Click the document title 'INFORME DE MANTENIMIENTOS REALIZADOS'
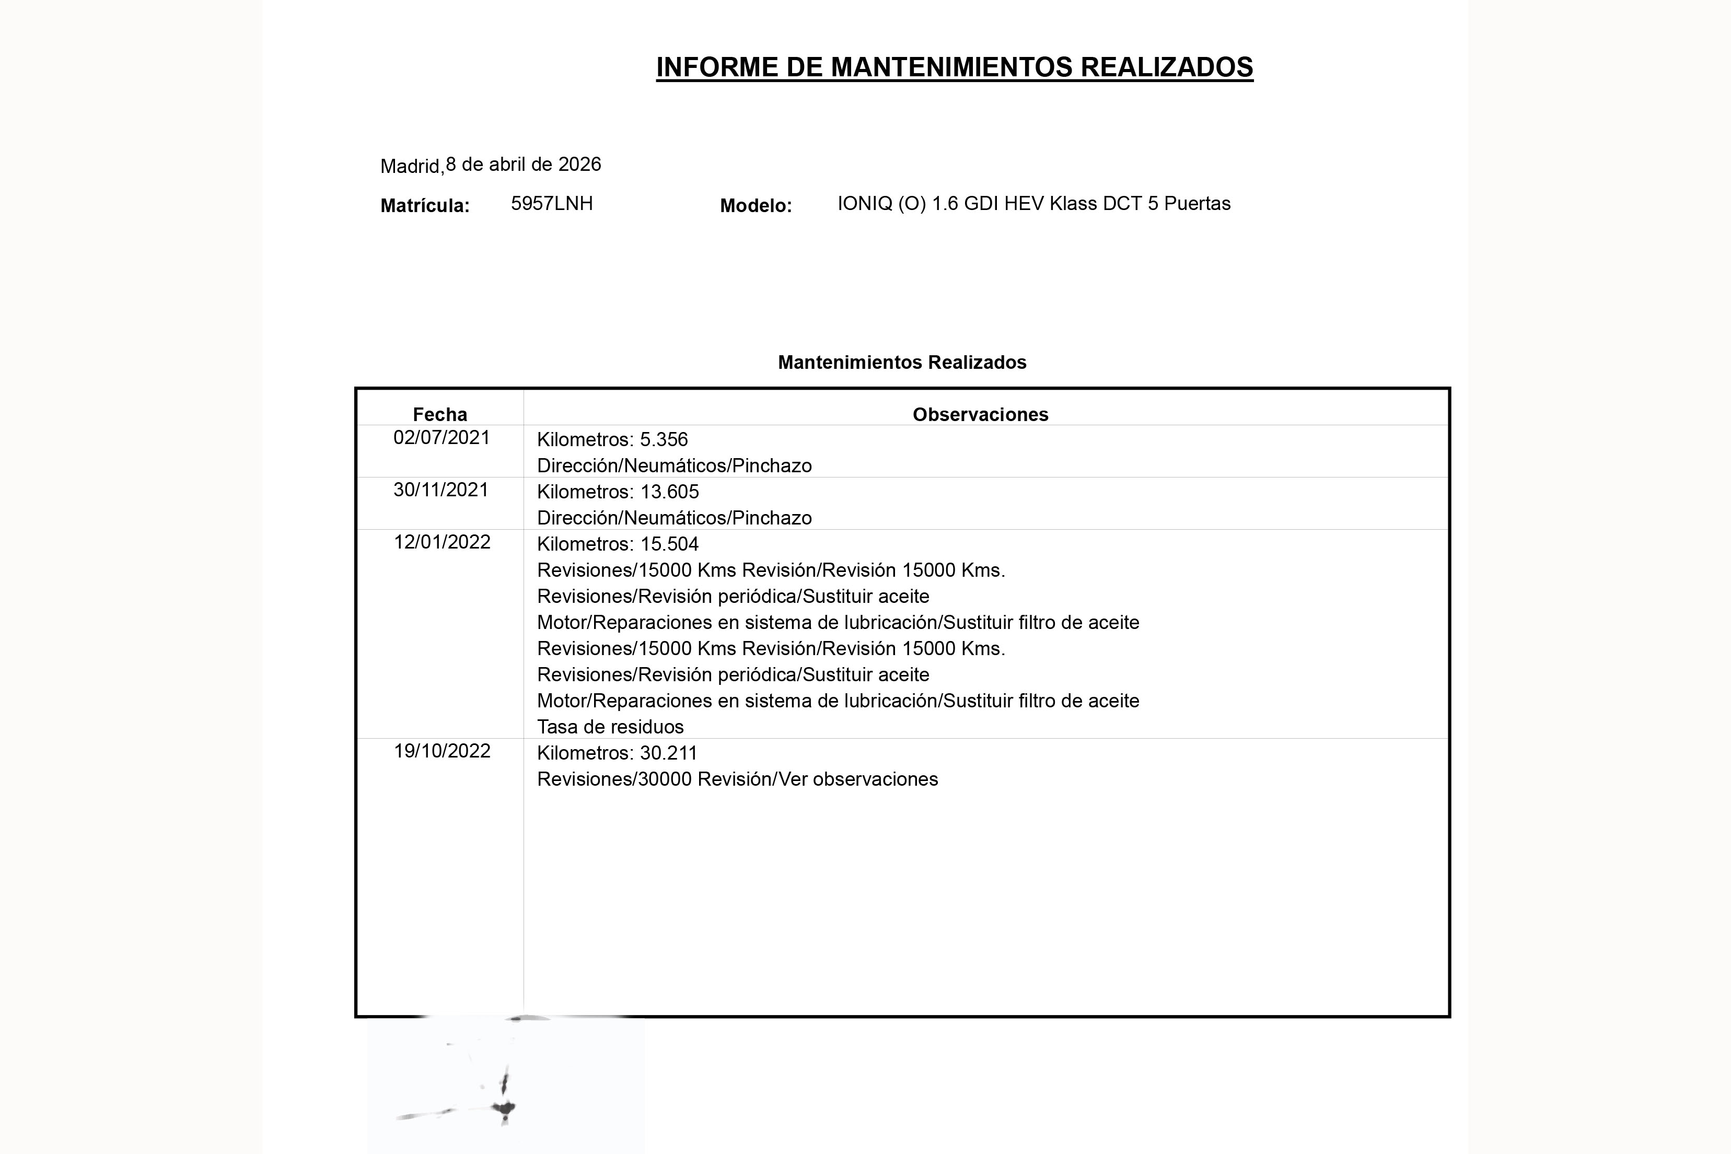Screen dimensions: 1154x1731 point(954,67)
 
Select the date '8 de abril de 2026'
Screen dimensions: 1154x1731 point(524,164)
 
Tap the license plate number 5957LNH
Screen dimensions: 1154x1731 point(551,204)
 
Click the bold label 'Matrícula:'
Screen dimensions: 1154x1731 point(425,206)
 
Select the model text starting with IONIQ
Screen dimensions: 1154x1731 point(1033,204)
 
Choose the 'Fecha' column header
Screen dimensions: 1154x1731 point(439,414)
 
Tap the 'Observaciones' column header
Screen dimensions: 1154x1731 point(980,414)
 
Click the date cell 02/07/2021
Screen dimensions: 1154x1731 point(442,438)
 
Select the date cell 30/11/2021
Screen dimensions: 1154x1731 point(441,490)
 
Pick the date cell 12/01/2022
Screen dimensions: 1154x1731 point(442,542)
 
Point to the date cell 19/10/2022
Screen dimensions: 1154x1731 point(442,751)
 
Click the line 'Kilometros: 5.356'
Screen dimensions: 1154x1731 point(612,440)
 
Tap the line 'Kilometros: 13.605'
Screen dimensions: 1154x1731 point(618,492)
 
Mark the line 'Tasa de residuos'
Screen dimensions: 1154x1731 point(610,727)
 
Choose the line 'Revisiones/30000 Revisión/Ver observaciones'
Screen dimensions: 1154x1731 point(737,779)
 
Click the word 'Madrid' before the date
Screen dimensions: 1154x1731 point(411,166)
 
